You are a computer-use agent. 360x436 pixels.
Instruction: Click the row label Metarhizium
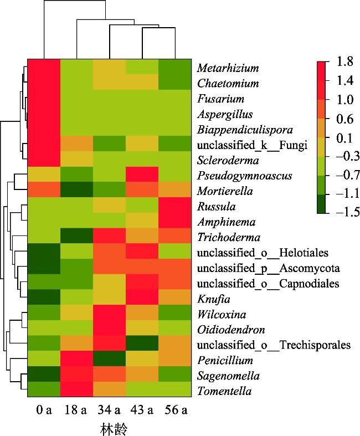(228, 68)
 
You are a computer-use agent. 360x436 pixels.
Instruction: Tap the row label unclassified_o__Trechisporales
(274, 345)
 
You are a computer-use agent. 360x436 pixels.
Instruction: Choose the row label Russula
(216, 207)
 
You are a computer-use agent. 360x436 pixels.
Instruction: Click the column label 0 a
(44, 411)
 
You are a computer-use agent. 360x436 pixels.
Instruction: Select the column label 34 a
(109, 411)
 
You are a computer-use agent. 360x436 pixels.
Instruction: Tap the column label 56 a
(174, 411)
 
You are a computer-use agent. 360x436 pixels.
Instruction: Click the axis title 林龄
(109, 429)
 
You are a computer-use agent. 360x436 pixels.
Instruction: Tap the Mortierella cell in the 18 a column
(76, 191)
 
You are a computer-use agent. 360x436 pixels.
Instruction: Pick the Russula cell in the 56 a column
(174, 207)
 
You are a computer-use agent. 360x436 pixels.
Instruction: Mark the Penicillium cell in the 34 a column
(109, 361)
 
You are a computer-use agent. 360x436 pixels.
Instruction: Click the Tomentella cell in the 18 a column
(76, 391)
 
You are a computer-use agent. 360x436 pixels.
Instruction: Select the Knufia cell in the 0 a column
(44, 299)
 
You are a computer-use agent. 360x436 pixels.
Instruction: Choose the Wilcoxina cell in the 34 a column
(109, 314)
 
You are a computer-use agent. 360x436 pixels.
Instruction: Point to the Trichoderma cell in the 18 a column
(76, 237)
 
